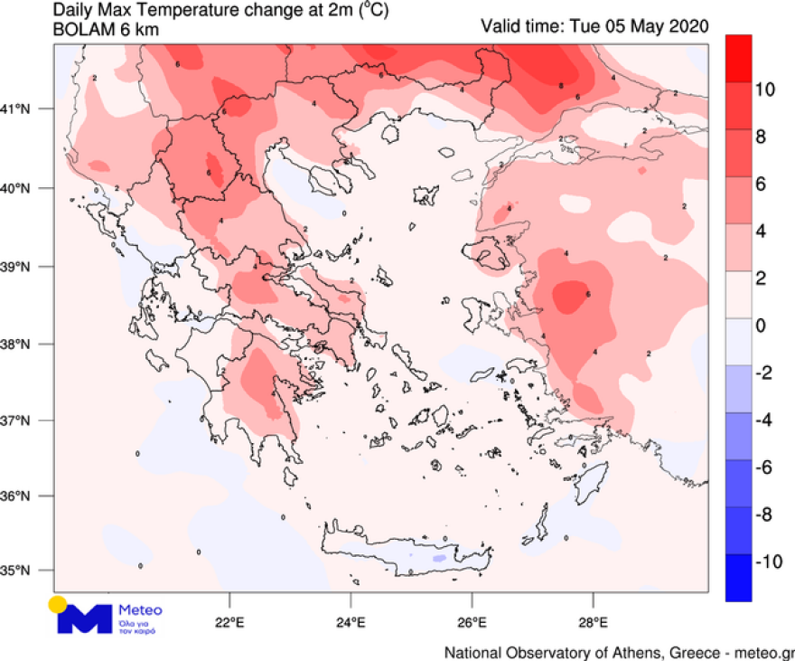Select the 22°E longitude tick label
point(229,622)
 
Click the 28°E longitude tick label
point(593,622)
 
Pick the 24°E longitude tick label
point(351,622)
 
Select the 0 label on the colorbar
point(762,326)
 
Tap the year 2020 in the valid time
point(689,24)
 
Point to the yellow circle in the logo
point(57,605)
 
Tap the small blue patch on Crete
point(439,560)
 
